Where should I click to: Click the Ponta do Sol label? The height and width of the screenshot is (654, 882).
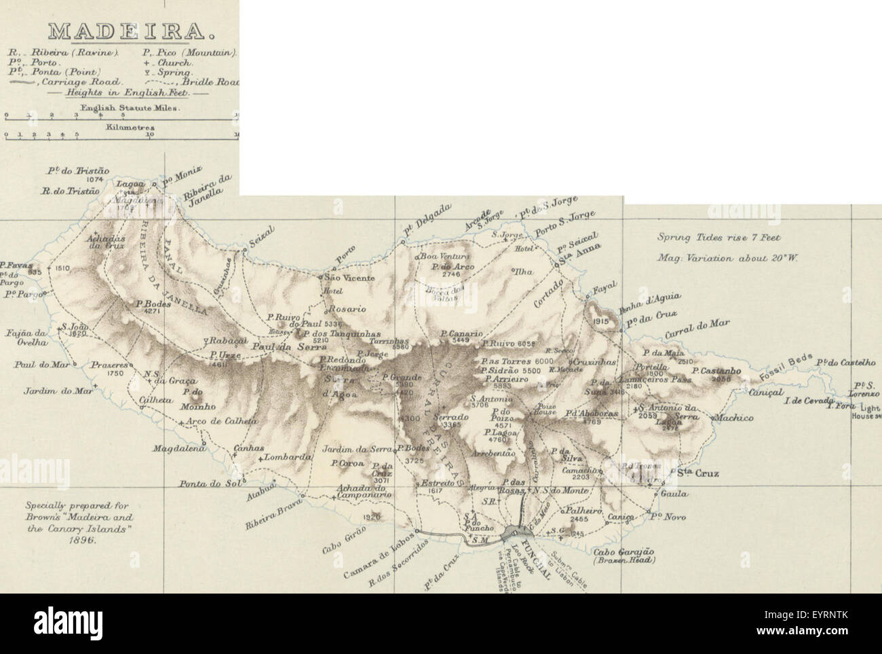(x=202, y=484)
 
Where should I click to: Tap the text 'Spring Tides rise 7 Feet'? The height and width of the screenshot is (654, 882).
(x=718, y=238)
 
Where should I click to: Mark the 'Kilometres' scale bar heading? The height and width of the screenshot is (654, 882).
(x=121, y=126)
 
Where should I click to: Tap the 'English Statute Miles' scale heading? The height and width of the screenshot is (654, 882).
(x=121, y=107)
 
